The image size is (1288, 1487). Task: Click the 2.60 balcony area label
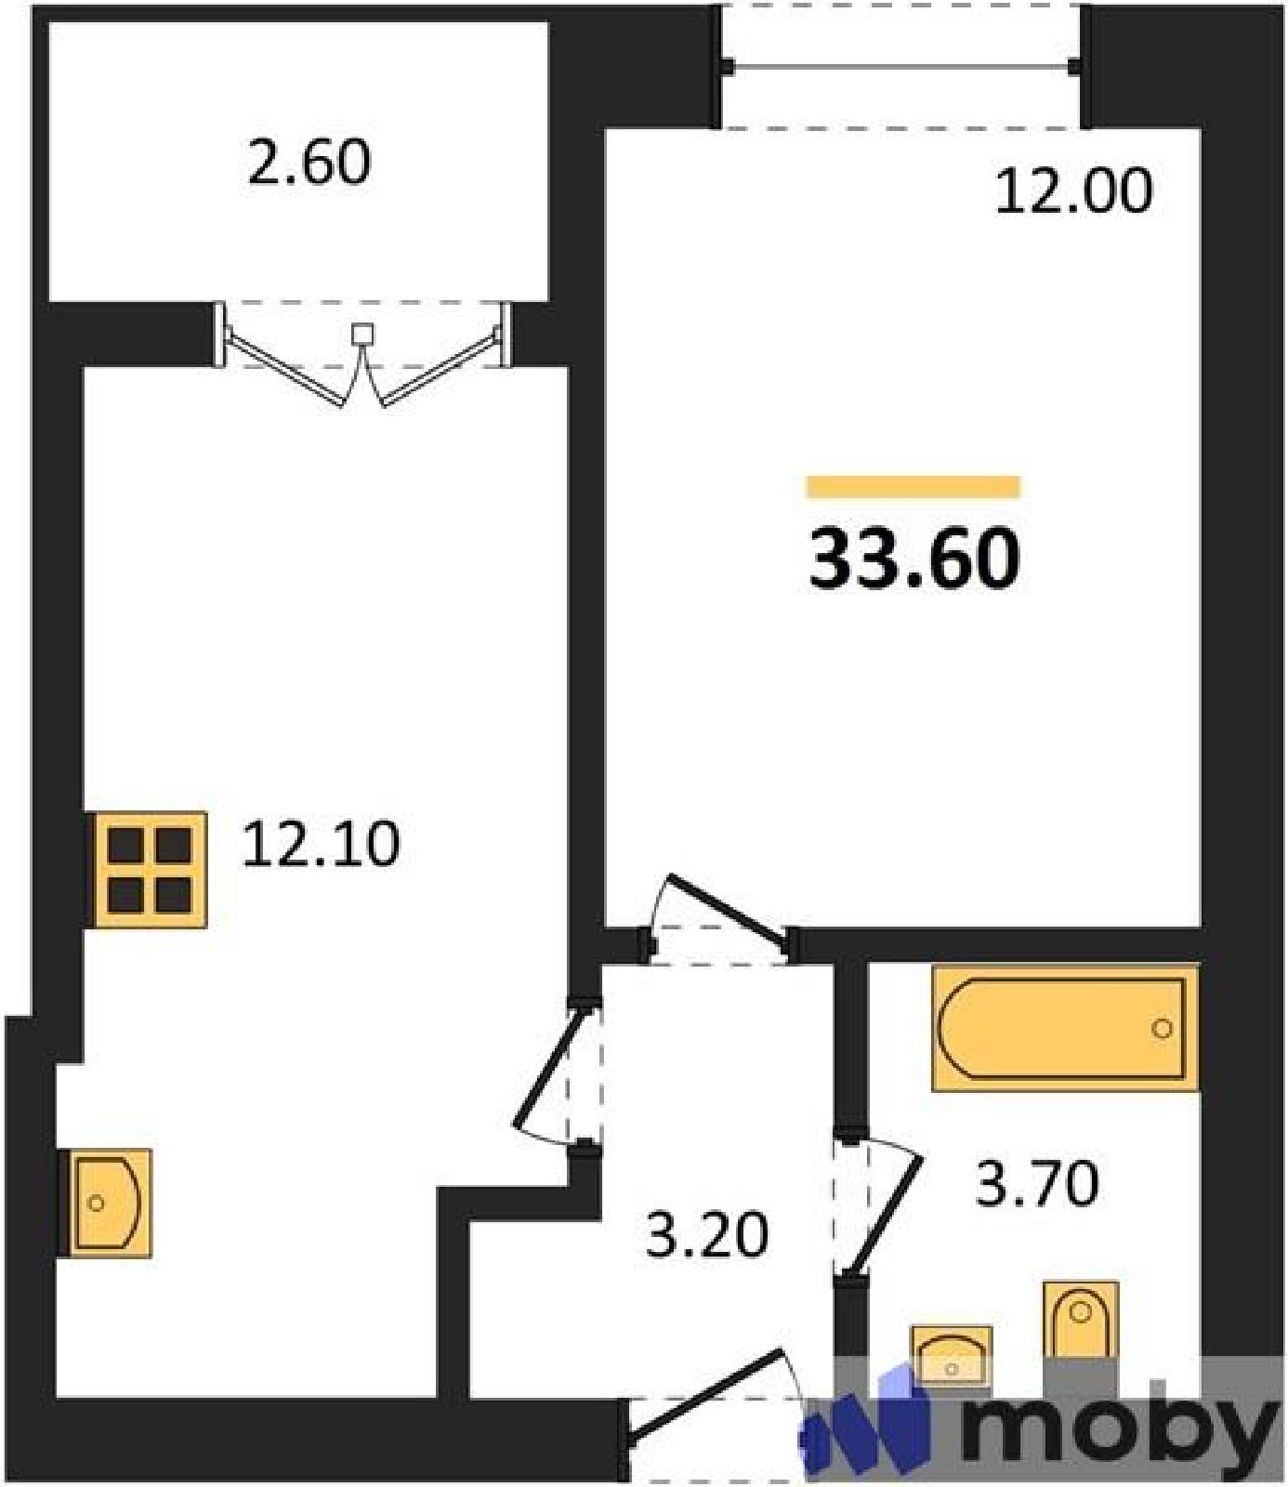click(309, 163)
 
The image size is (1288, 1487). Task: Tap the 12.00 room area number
click(1073, 192)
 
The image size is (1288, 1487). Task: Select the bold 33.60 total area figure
click(914, 560)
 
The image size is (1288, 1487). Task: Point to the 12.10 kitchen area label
click(321, 845)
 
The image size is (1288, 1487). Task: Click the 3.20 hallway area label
click(708, 1236)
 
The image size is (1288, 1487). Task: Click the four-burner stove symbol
click(151, 870)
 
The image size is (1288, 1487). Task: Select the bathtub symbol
click(1065, 1028)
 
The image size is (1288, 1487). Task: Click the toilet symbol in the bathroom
click(1080, 1320)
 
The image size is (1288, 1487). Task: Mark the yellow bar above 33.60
click(913, 487)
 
